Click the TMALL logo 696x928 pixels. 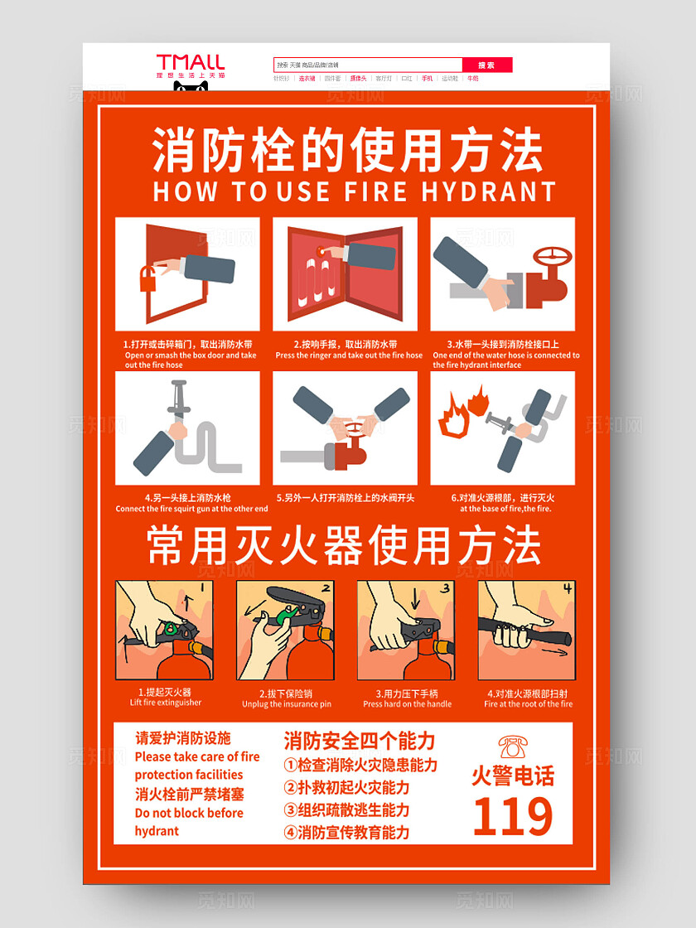191,62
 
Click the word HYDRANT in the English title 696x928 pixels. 488,191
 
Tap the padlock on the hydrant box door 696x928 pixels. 147,278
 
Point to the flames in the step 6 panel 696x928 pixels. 463,413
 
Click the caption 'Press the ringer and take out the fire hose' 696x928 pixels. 349,355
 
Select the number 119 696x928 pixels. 513,817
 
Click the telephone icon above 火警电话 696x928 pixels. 513,747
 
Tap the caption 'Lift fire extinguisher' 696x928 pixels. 165,703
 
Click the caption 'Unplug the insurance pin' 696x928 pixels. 287,703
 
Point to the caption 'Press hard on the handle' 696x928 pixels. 407,703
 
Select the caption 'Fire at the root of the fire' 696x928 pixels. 529,703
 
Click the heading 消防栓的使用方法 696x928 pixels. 348,151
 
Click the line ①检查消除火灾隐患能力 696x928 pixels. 360,765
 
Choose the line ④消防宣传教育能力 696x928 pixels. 347,832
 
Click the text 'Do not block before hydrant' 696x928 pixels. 189,821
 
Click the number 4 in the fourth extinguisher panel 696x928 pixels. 568,589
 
